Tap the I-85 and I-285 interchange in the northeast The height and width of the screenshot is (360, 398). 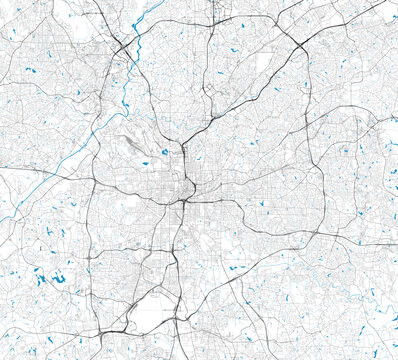300,45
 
